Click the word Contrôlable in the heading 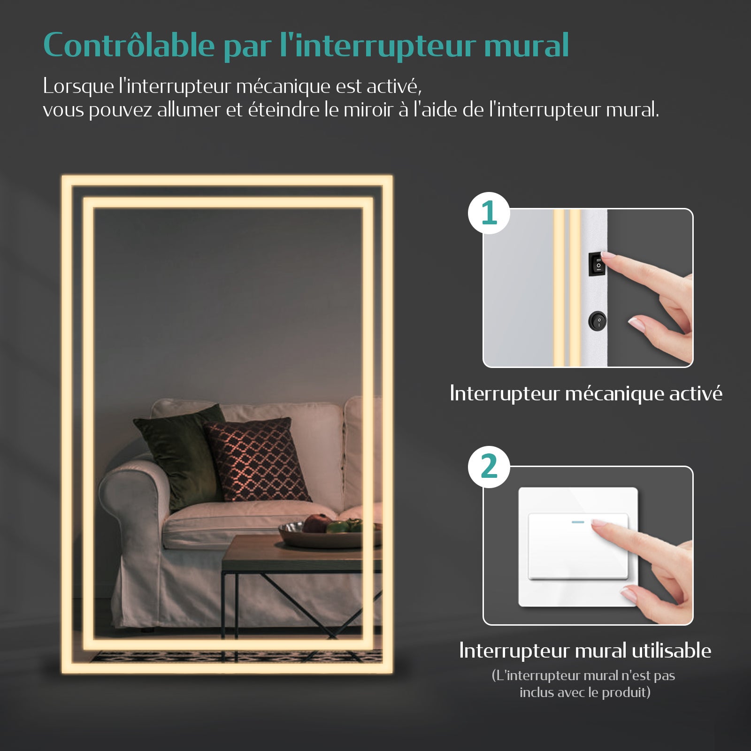coord(129,46)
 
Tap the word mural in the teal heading coord(526,46)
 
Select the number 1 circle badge coord(489,213)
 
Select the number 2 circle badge coord(489,467)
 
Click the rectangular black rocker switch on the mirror coord(597,265)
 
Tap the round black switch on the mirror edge coord(597,322)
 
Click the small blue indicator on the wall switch coord(578,522)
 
